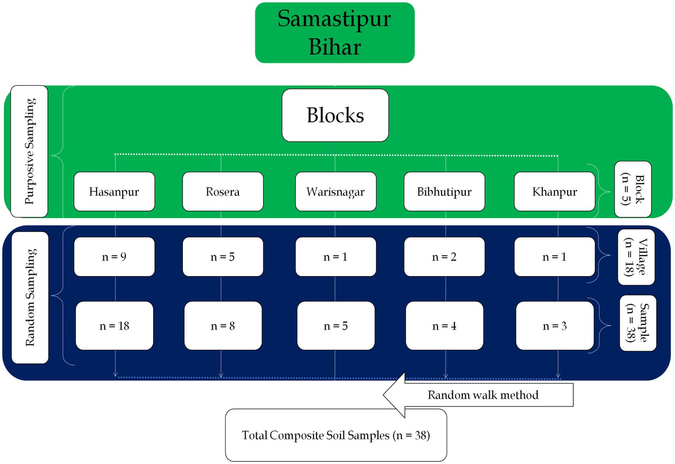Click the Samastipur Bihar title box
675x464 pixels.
coord(334,33)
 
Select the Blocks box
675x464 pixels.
coord(335,115)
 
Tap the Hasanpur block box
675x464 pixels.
coord(114,192)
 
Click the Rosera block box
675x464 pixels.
coord(222,192)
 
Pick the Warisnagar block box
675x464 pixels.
coord(335,192)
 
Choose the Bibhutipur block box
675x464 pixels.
coord(444,192)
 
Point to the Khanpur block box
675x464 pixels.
coord(554,192)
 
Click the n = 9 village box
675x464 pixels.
coord(114,257)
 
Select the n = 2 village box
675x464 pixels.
coord(444,257)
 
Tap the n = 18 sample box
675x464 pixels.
coord(114,326)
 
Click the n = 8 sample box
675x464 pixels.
coord(222,326)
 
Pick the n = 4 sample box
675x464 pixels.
coord(444,326)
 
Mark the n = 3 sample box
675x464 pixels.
coord(554,326)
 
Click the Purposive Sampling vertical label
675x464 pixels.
coord(30,151)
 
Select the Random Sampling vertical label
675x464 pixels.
coord(30,297)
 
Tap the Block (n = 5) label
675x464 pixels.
coord(633,189)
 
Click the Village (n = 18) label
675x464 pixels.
coord(636,257)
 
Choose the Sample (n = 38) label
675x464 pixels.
coord(638,323)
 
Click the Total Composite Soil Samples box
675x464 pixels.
coord(336,436)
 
